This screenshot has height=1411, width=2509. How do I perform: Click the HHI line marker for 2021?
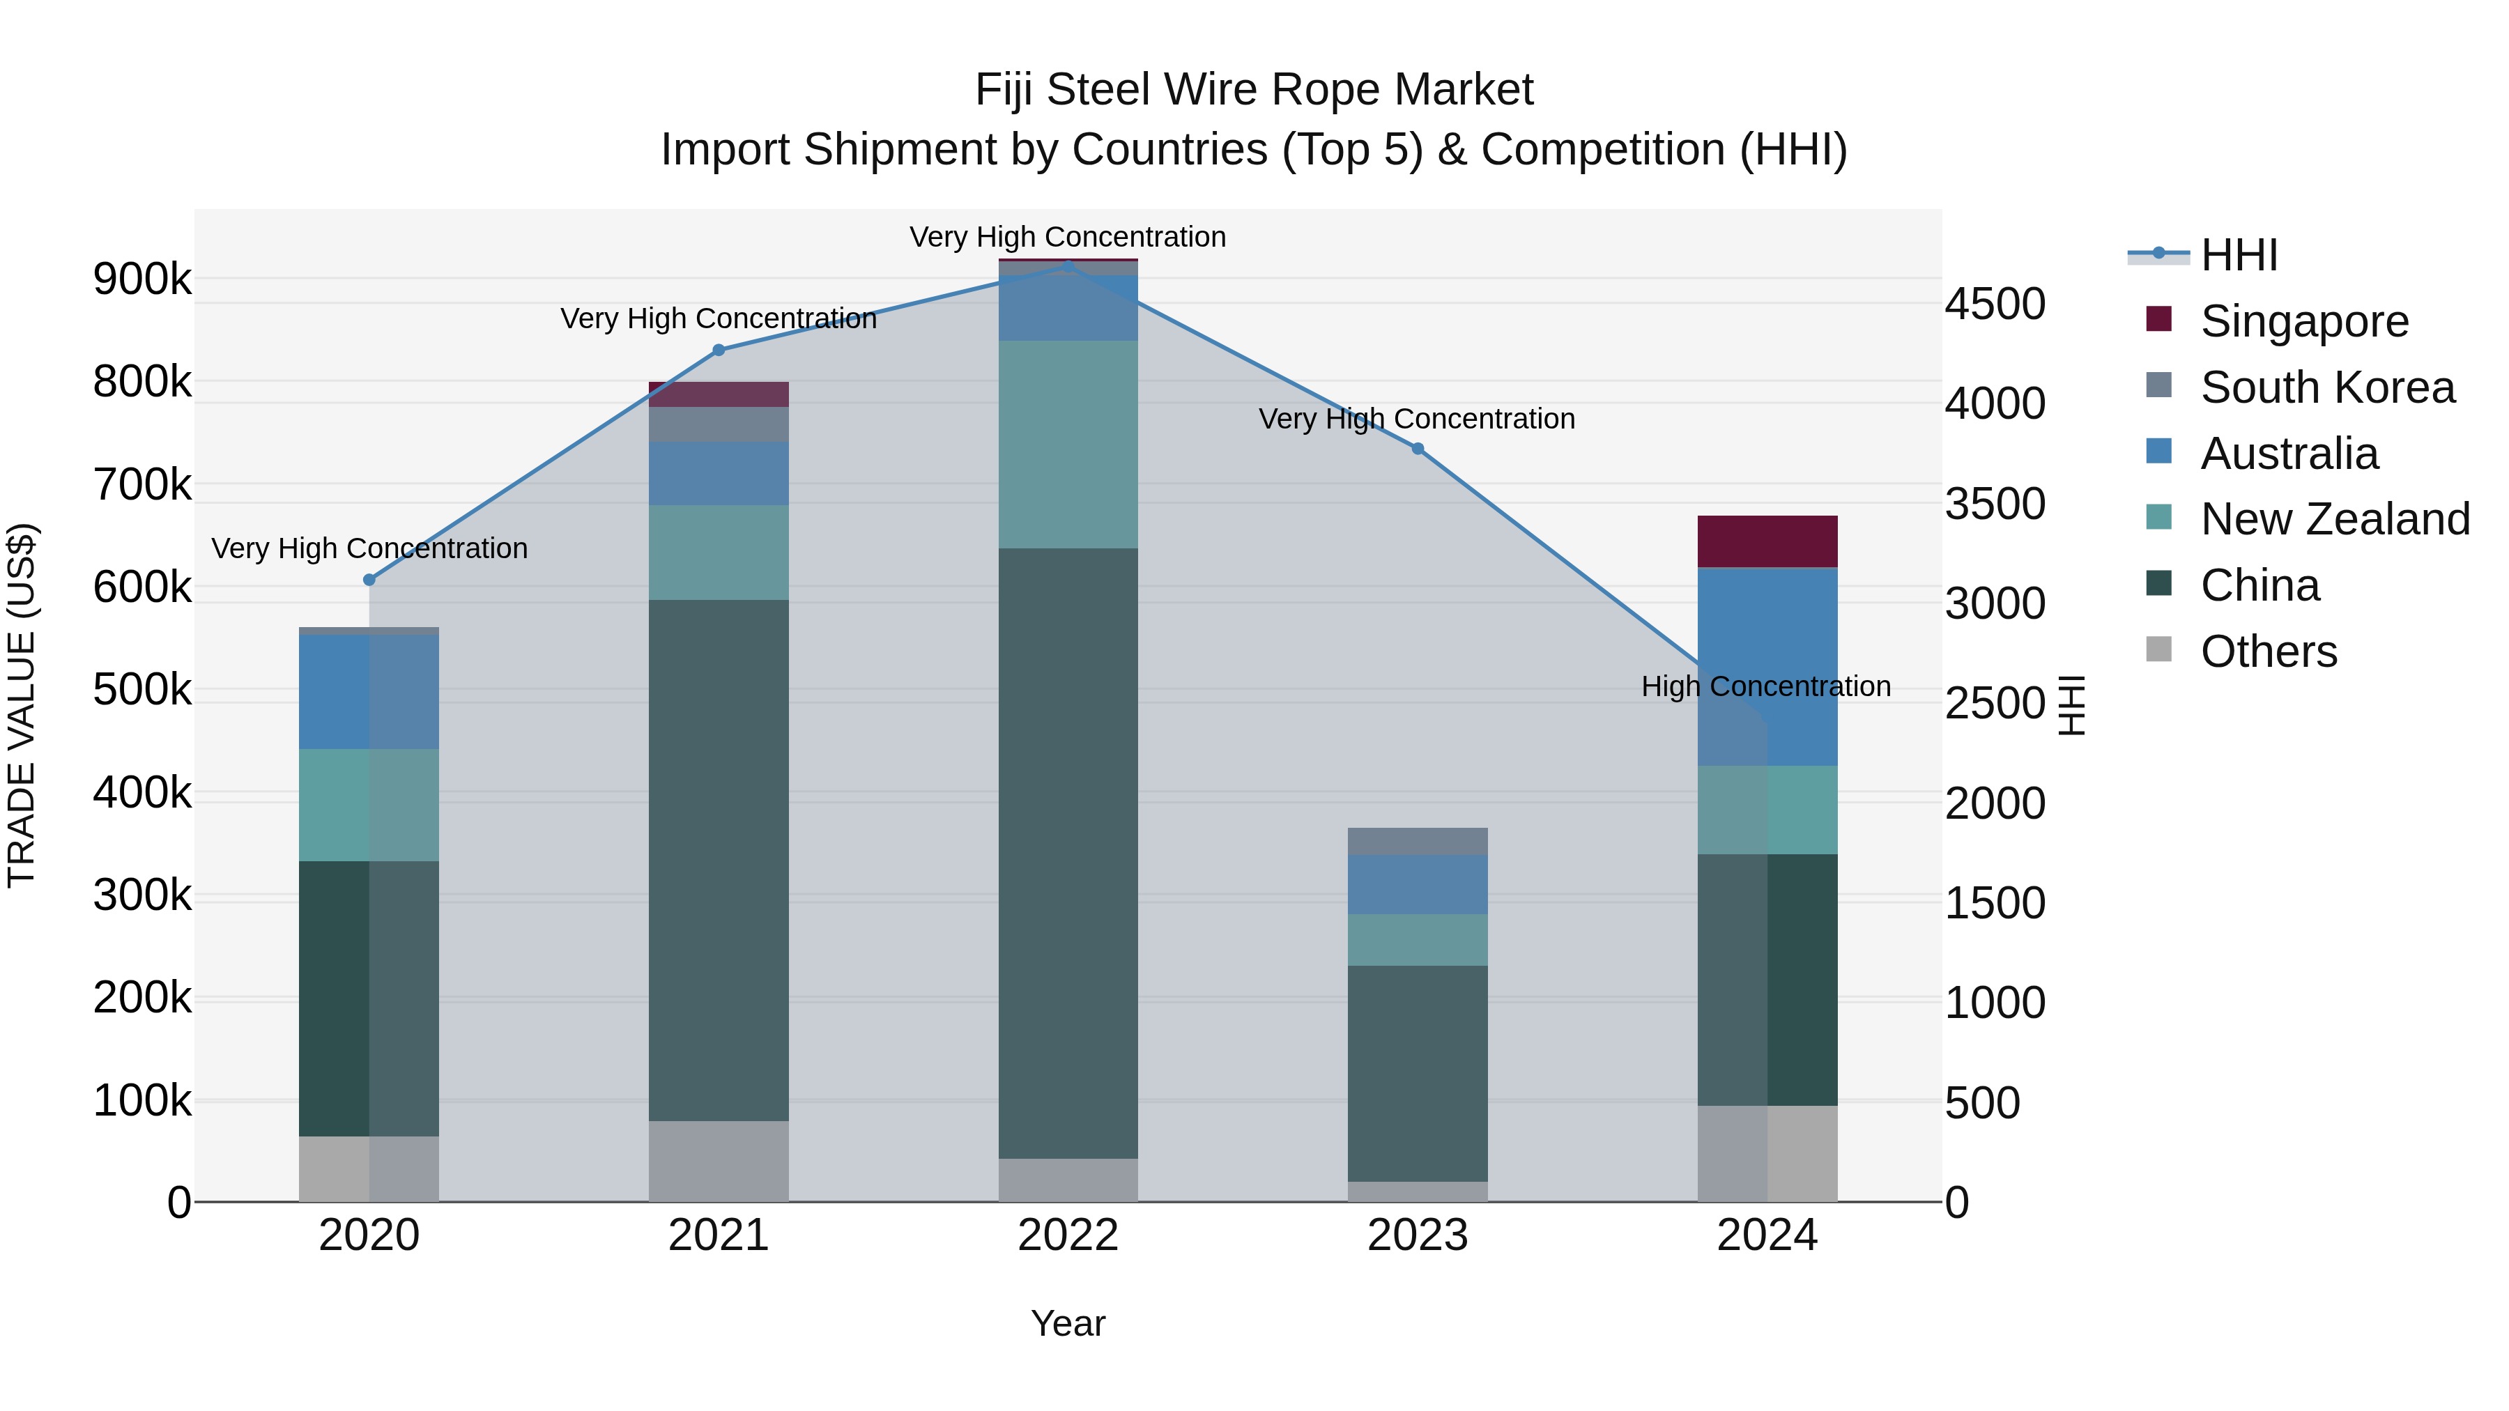point(719,350)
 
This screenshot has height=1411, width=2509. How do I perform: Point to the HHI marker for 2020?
point(369,580)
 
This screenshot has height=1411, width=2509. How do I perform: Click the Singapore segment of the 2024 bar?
point(1767,541)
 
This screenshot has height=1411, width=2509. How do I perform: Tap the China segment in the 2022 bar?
point(1068,852)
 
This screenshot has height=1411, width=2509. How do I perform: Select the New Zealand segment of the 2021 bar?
point(719,552)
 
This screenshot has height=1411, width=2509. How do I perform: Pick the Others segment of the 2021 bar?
point(719,1161)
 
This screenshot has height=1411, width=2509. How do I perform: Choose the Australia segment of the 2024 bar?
point(1767,666)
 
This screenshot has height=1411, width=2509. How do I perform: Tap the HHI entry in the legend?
point(2238,255)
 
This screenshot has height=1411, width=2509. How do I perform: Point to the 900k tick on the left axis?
point(142,280)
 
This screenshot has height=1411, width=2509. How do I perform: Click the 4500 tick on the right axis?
point(1995,304)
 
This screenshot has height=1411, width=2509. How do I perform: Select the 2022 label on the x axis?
point(1068,1235)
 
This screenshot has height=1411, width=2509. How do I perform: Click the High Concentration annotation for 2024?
point(1766,686)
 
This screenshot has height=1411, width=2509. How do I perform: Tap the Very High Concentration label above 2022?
point(1068,238)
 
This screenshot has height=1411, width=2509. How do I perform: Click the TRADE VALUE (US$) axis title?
point(22,705)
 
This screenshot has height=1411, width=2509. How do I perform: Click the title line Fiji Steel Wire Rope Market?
point(1254,91)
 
